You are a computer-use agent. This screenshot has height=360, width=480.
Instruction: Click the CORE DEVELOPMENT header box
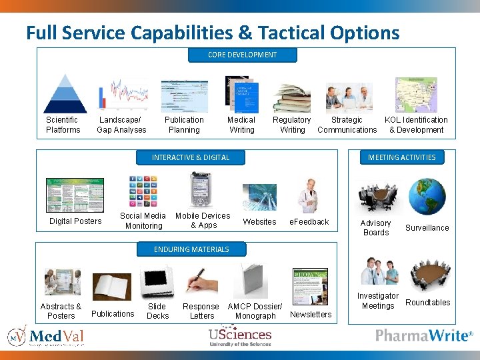click(242, 55)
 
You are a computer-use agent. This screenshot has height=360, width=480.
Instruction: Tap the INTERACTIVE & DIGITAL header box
click(191, 157)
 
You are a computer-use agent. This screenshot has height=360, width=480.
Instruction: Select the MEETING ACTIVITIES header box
click(401, 157)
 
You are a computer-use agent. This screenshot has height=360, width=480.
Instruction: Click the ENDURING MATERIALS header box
click(191, 249)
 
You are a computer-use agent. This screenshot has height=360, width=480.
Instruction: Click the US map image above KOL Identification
click(416, 94)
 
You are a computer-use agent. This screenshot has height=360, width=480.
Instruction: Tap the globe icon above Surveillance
click(427, 195)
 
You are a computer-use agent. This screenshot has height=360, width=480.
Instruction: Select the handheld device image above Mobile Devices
click(201, 190)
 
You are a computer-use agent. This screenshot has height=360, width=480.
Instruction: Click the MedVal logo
click(45, 335)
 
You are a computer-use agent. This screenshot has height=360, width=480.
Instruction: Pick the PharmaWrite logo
click(424, 335)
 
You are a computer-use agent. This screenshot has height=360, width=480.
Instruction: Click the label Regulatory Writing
click(292, 125)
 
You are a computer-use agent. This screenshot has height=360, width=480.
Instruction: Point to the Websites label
click(259, 221)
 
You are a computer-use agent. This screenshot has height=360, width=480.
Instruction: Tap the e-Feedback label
click(309, 221)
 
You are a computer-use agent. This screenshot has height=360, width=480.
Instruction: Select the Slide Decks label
click(157, 311)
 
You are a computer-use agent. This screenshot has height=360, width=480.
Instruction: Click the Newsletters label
click(311, 314)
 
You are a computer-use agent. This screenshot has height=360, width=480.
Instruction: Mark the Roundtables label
click(428, 302)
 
